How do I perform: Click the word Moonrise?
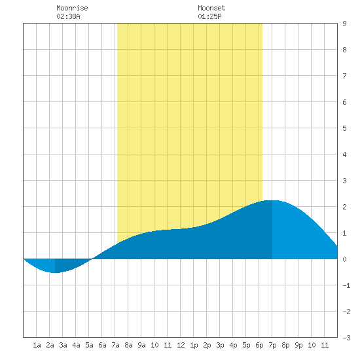pos(72,8)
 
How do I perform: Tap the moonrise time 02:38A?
pos(68,16)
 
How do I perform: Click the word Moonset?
pos(211,8)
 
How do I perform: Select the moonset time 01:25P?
pos(209,16)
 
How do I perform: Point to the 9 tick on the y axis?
pos(344,24)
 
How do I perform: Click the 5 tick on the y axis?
pos(344,128)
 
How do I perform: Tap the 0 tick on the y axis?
pos(344,259)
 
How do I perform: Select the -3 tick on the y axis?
pos(346,338)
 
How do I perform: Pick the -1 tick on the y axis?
pos(346,285)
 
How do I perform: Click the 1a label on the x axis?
pos(37,345)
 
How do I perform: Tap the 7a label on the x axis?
pos(115,345)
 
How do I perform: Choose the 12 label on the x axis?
pos(181,345)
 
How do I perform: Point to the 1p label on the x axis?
pos(194,345)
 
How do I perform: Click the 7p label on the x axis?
pos(272,345)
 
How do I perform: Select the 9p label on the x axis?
pos(298,345)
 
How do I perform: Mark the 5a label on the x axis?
pos(89,345)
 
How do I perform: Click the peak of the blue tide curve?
pos(272,201)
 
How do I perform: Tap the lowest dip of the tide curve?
pos(56,272)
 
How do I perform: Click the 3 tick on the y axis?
pos(344,181)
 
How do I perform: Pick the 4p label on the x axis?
pos(233,345)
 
